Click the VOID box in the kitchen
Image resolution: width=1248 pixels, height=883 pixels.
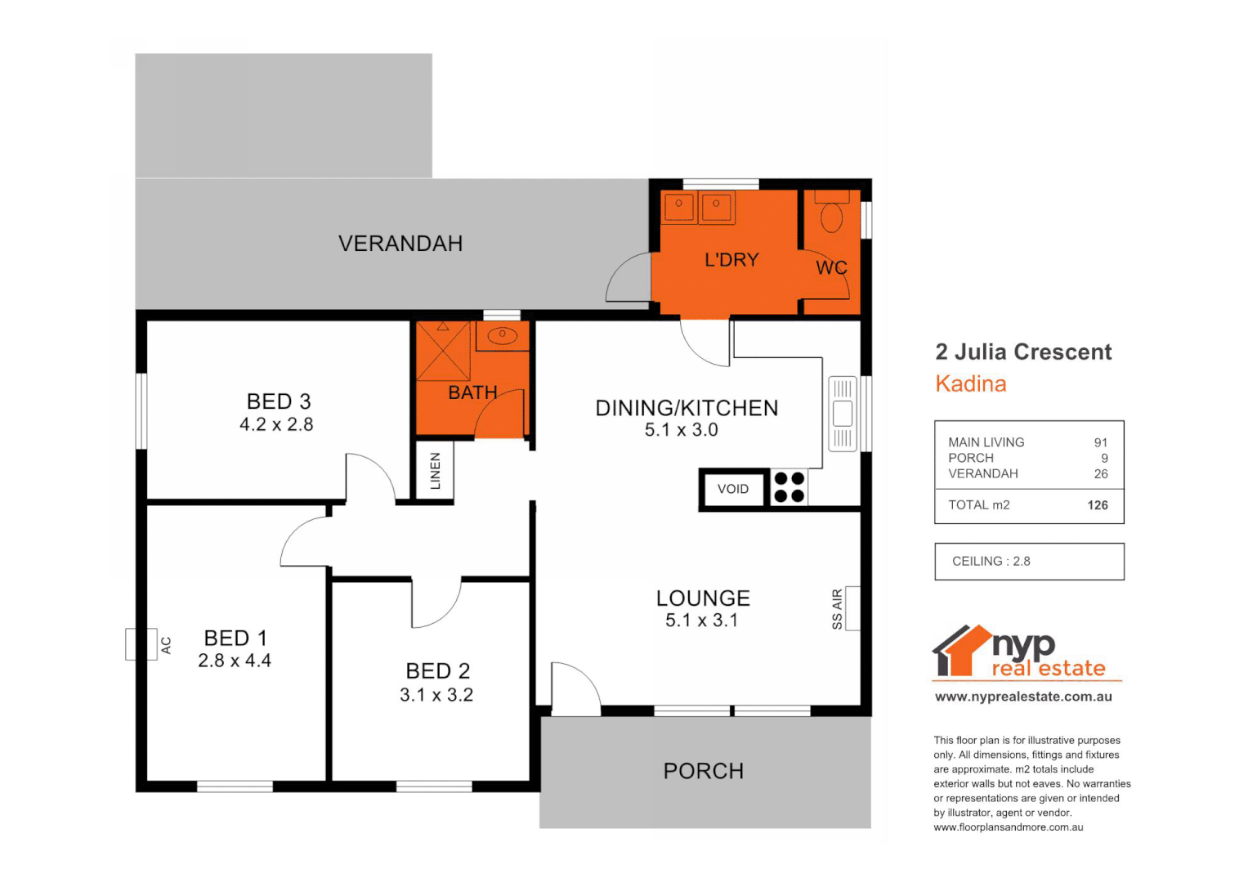[733, 489]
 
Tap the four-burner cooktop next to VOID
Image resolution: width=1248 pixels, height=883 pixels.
[789, 487]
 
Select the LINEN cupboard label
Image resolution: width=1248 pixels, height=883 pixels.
[435, 471]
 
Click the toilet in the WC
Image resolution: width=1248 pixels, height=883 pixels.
[831, 217]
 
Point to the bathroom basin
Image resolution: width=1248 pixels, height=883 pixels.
[502, 334]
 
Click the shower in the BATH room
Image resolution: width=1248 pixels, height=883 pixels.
[443, 352]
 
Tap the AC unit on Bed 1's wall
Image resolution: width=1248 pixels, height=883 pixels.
[141, 644]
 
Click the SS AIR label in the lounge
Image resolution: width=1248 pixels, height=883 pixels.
[837, 609]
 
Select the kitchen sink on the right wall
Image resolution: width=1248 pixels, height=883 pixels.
[843, 414]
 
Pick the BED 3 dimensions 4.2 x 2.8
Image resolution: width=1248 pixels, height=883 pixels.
[276, 424]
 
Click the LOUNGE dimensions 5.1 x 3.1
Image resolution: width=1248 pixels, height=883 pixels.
[701, 621]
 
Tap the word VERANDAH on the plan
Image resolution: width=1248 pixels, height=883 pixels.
[400, 244]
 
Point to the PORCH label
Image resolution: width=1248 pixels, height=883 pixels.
[703, 771]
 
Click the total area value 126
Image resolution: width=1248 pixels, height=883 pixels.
[1098, 505]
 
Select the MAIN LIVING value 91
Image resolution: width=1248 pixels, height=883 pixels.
[1101, 442]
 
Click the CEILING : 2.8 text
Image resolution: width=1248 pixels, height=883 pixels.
[991, 562]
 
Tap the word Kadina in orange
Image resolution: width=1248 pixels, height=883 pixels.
[971, 384]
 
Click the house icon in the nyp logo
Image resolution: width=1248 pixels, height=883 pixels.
[960, 652]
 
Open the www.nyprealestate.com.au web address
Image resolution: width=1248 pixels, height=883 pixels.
[1023, 697]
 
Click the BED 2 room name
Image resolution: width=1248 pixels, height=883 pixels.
[438, 671]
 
